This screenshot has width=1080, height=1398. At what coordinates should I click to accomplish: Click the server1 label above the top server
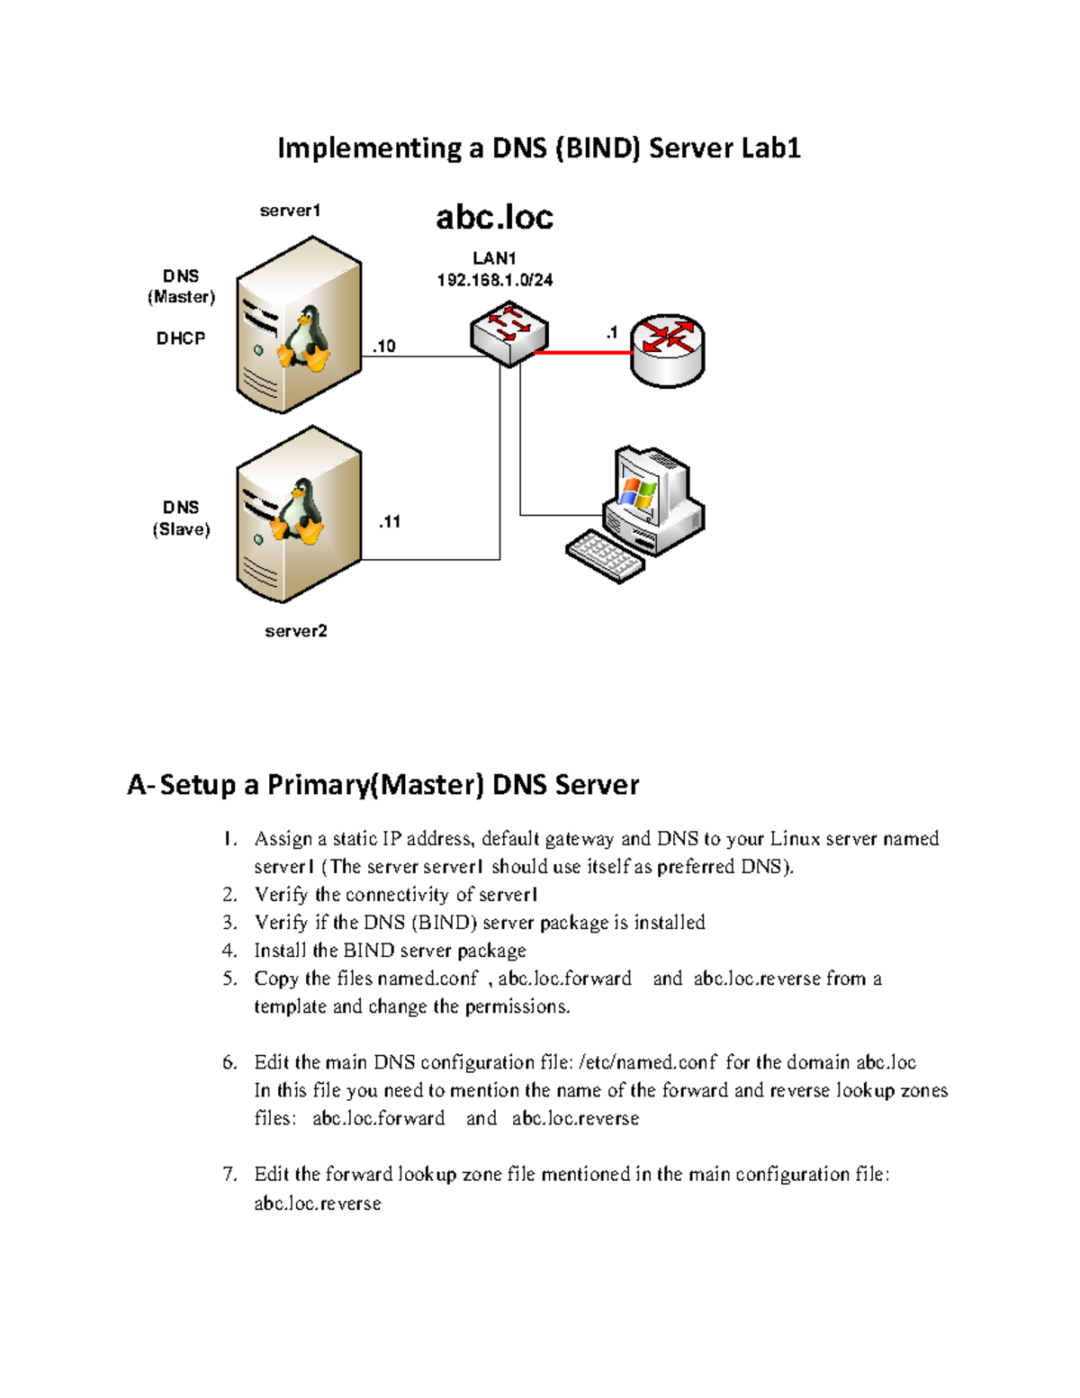[290, 211]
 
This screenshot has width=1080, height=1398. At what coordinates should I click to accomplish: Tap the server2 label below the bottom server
[295, 631]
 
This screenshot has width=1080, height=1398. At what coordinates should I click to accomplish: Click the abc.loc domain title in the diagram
[494, 217]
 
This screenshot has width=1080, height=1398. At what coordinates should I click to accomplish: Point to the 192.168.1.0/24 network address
[494, 280]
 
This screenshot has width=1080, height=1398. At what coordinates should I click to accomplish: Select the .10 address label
[383, 347]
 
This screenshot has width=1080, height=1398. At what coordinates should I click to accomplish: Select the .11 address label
[389, 522]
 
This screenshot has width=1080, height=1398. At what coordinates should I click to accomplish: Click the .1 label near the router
[612, 333]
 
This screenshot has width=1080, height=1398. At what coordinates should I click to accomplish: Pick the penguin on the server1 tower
[303, 339]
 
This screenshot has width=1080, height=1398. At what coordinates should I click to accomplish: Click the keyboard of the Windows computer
[605, 555]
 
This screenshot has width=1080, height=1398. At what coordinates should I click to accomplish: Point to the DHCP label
[181, 338]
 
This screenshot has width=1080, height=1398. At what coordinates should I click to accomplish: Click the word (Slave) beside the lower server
[181, 529]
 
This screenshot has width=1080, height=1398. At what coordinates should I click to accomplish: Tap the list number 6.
[229, 1063]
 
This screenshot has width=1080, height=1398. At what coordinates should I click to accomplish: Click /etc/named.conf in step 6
[648, 1063]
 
